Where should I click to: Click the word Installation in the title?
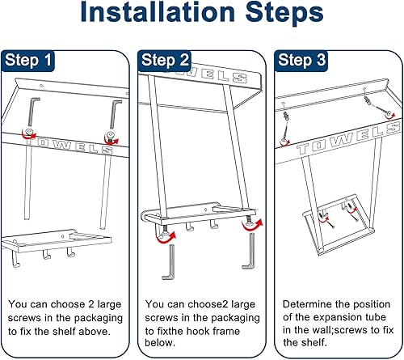point(158,12)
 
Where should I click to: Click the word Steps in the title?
point(284,12)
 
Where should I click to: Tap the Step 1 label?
point(28,60)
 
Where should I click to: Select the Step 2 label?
point(165,60)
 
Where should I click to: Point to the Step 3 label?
point(302,60)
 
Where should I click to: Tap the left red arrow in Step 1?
point(28,135)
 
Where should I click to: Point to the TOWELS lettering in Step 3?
point(347,138)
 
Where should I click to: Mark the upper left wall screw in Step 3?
point(285,127)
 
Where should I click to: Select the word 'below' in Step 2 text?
point(160,342)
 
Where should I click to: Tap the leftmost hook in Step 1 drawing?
point(15,260)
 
